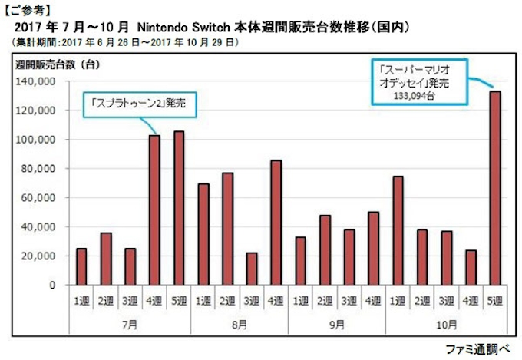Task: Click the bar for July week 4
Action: click(154, 210)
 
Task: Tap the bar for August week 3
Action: click(252, 269)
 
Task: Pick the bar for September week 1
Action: click(300, 261)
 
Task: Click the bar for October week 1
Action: click(398, 230)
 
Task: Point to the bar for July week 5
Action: click(179, 208)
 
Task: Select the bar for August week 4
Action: click(276, 223)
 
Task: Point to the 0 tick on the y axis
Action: click(52, 285)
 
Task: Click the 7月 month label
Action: click(130, 324)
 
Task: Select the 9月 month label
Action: click(337, 324)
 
